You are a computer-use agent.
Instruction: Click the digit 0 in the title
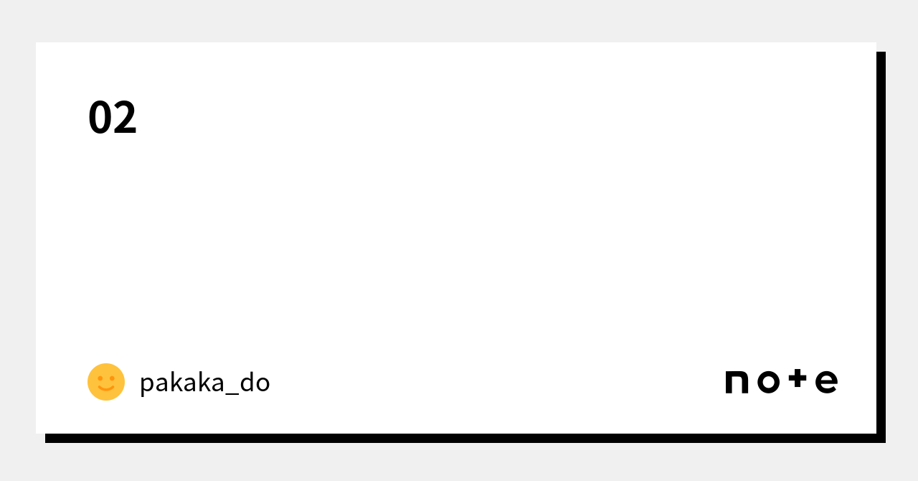[100, 118]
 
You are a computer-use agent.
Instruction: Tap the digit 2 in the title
[125, 118]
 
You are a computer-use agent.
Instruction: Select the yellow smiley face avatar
[106, 382]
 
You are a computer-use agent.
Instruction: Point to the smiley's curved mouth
[106, 389]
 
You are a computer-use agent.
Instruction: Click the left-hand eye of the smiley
[100, 378]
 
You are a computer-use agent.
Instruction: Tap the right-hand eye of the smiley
[112, 378]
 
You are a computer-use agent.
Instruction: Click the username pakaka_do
[204, 383]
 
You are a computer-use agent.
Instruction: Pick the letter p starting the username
[146, 385]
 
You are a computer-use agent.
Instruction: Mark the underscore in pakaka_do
[230, 393]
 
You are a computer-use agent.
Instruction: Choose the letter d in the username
[247, 382]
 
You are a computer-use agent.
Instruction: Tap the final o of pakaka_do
[262, 384]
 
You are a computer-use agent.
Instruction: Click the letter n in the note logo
[737, 383]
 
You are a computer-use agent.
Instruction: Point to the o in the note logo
[768, 383]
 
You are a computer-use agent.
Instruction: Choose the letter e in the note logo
[826, 383]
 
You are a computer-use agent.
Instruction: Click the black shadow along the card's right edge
[881, 244]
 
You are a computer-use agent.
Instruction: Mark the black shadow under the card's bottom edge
[459, 438]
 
